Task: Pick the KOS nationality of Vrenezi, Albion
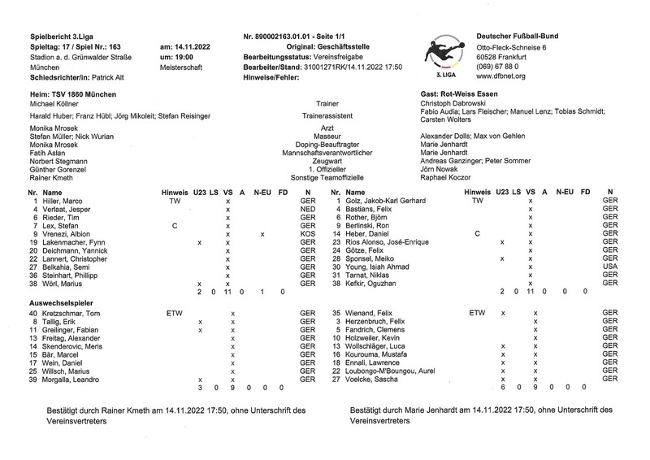[307, 234]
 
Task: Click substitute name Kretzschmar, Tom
[71, 312]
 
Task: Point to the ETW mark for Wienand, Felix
[476, 312]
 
